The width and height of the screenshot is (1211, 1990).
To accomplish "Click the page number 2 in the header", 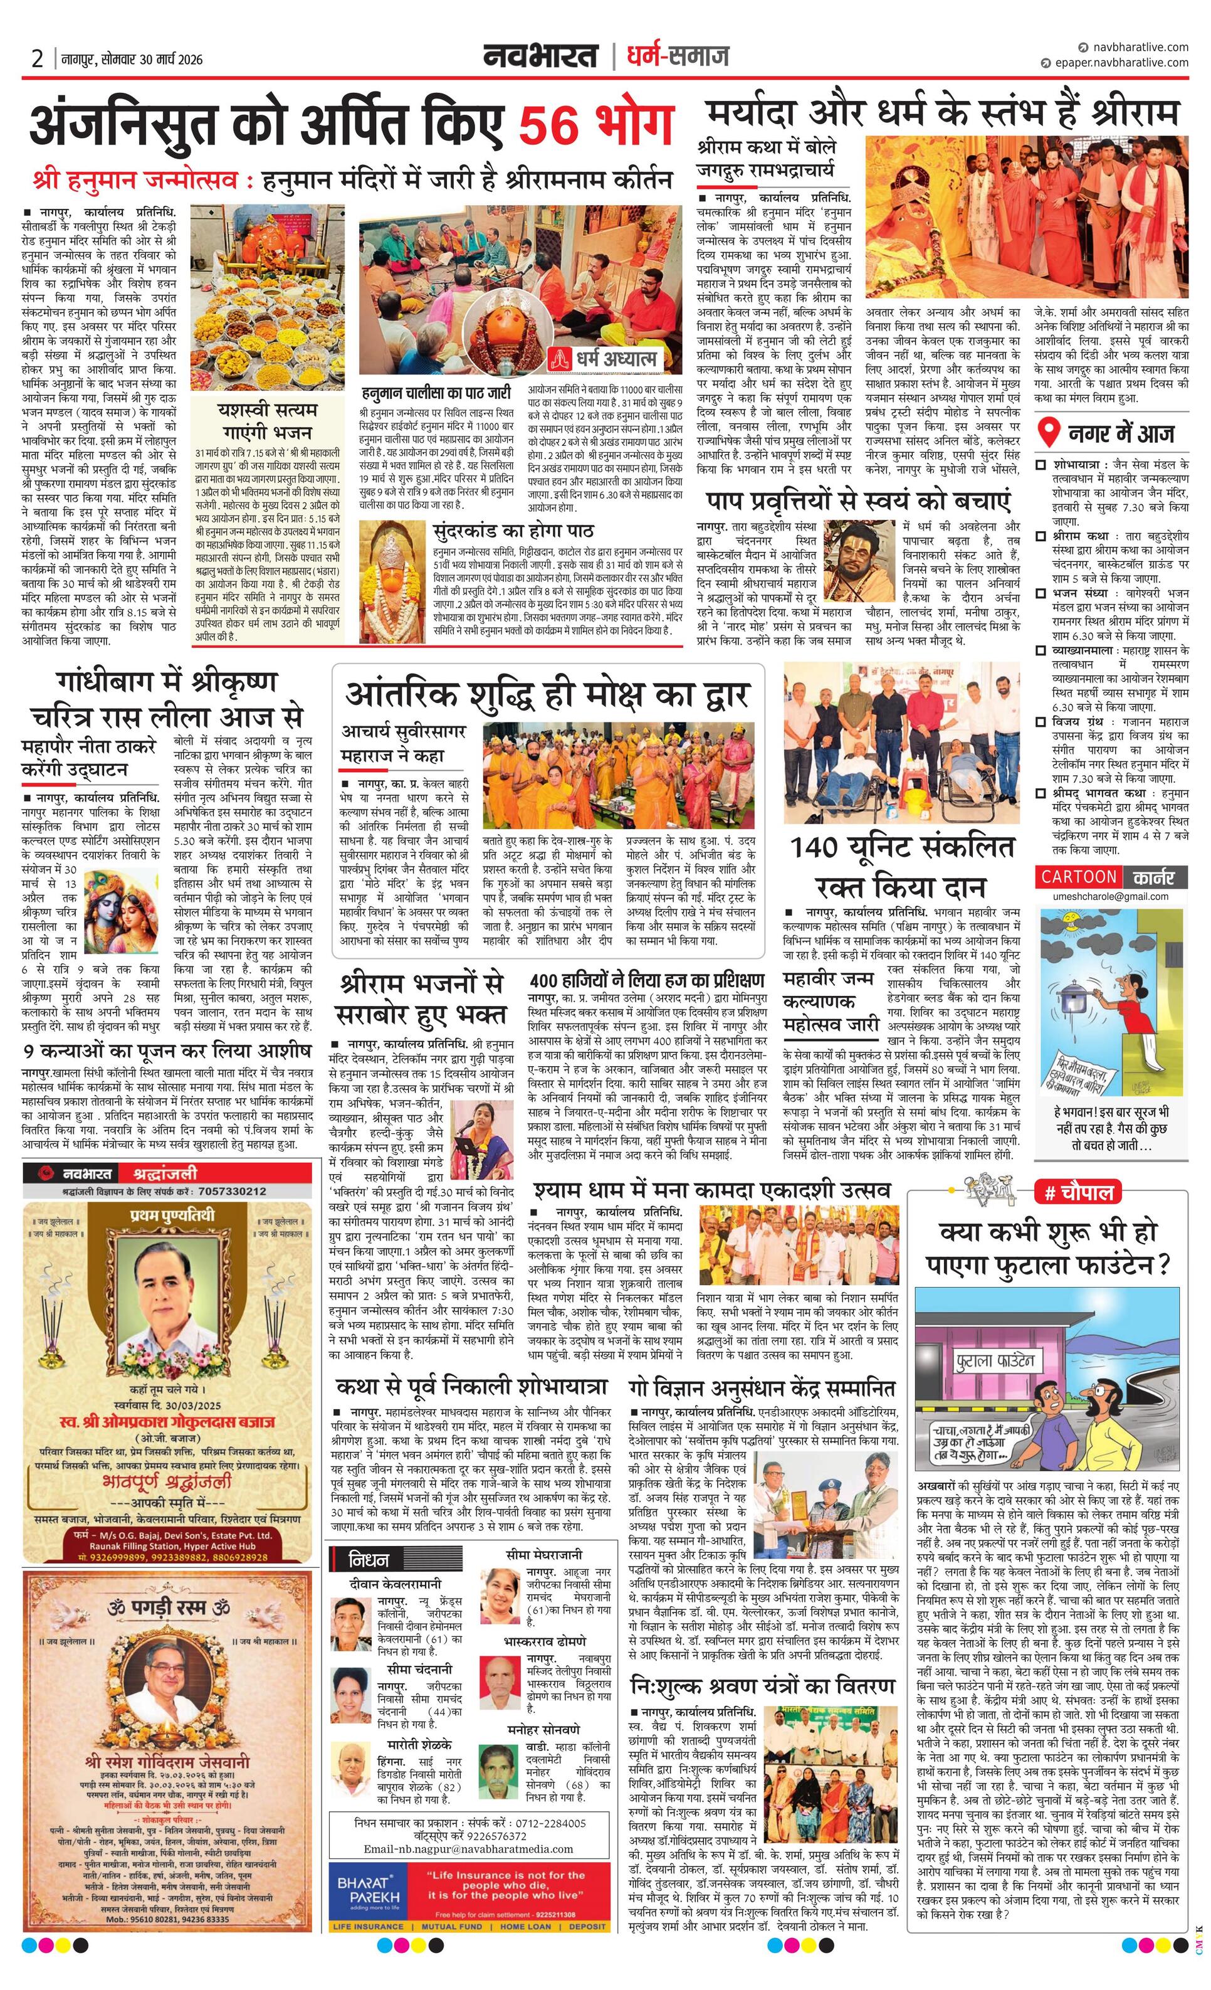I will tap(37, 59).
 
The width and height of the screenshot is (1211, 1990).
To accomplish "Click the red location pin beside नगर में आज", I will tap(1048, 434).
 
